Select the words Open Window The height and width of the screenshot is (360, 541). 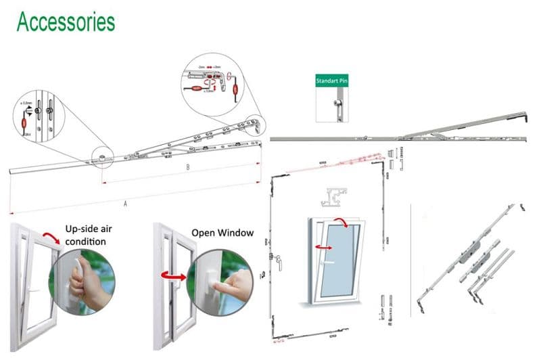pos(222,233)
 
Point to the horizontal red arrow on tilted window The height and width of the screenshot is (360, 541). pos(327,249)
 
